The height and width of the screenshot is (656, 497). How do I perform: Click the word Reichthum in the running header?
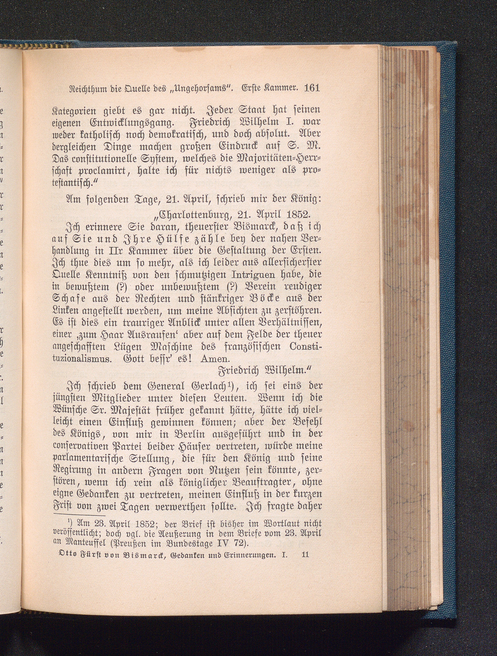(x=81, y=89)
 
